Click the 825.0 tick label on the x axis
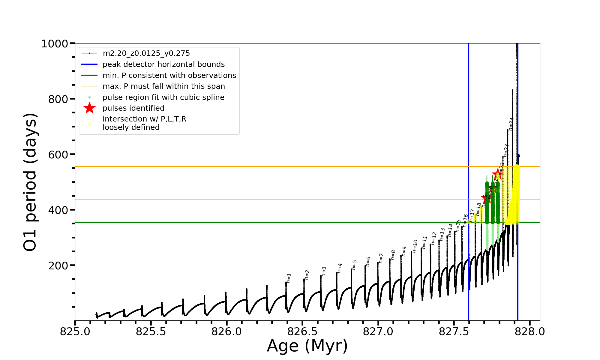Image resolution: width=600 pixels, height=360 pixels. click(75, 332)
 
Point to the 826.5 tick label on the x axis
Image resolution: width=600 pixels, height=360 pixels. click(302, 332)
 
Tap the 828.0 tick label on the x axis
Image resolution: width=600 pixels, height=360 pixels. click(529, 332)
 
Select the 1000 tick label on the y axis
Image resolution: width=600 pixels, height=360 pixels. click(55, 44)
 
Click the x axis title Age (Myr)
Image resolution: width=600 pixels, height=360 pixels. click(307, 346)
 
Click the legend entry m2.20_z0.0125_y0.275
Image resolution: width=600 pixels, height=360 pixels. click(146, 53)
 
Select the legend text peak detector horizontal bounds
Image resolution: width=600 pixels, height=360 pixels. click(163, 64)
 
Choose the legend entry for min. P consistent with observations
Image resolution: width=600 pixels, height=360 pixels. click(169, 76)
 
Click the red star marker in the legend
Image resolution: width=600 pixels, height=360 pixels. click(89, 108)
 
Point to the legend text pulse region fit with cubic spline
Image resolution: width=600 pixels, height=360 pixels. click(163, 97)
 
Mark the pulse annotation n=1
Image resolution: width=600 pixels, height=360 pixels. click(289, 278)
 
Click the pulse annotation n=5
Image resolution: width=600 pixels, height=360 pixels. click(354, 265)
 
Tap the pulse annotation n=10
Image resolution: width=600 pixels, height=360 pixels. click(415, 246)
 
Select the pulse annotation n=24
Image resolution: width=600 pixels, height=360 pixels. click(511, 124)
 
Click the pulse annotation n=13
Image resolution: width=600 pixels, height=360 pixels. click(442, 235)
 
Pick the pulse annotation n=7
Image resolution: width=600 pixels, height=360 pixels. click(381, 258)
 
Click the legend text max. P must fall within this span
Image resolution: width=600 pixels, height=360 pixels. click(163, 86)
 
